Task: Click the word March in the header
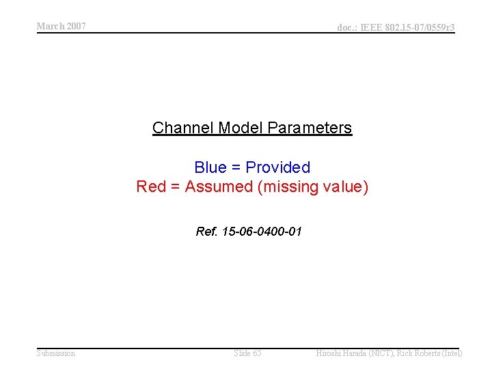coord(51,26)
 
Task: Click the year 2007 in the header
coord(76,26)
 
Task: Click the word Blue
coord(210,167)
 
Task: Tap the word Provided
coord(277,167)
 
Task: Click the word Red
coord(150,187)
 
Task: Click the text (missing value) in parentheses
coord(313,187)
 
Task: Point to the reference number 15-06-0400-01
coord(262,232)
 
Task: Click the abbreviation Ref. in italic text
coord(206,232)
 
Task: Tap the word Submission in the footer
coord(56,353)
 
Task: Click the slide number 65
coord(256,353)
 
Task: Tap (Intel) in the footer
coord(451,353)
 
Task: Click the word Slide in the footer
coord(242,353)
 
